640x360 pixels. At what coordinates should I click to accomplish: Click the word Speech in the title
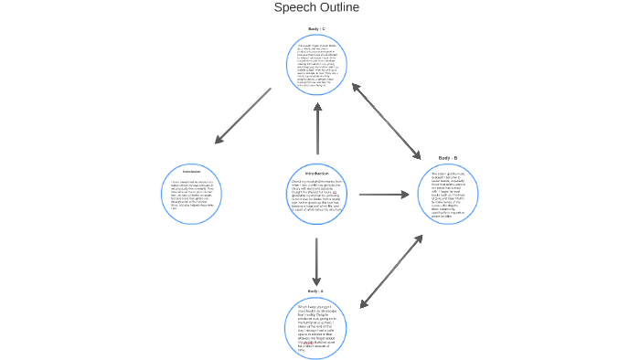294,8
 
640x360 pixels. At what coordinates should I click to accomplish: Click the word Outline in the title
338,8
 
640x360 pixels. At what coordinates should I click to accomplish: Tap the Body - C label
316,29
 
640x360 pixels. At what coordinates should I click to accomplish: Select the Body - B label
448,158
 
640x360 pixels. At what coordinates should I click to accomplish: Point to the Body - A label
315,291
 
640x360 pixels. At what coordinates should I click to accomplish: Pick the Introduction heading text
316,173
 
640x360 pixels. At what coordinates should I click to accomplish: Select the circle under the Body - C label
316,65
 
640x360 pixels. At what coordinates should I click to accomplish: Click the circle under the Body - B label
448,194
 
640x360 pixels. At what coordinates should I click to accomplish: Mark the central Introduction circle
316,197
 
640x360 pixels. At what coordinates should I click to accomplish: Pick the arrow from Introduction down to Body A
316,261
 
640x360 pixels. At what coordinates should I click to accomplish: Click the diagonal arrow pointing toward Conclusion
243,116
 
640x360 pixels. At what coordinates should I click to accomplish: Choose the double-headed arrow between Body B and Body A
391,271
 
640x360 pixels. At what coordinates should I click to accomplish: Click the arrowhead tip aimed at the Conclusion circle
218,142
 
